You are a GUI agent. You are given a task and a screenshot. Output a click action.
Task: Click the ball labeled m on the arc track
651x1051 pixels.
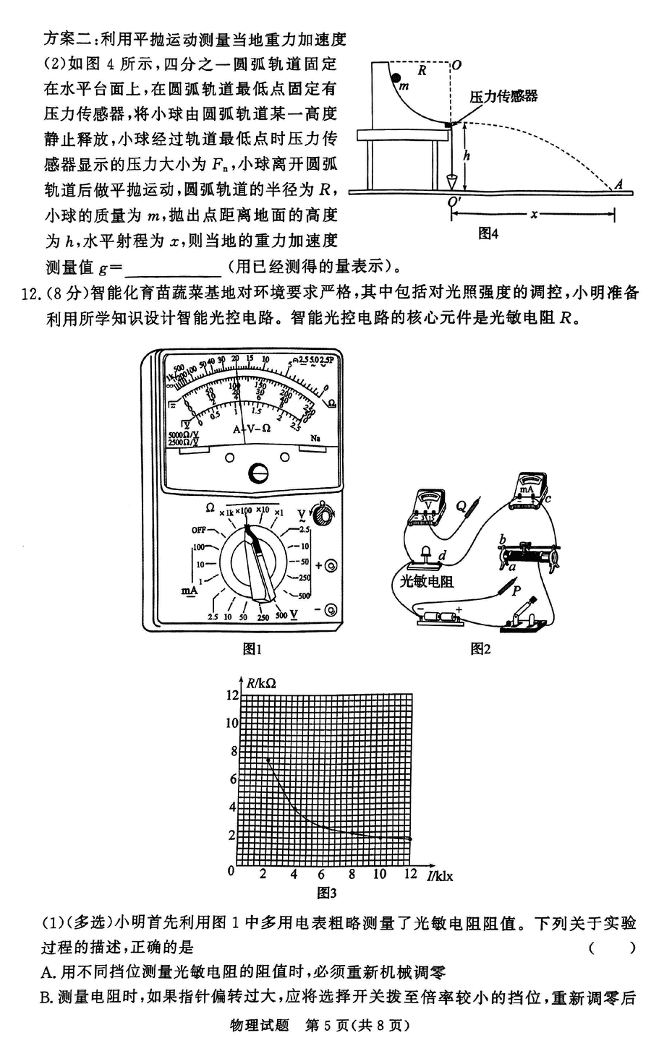(x=395, y=77)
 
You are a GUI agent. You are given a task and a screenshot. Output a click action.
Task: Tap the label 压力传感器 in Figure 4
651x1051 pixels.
(x=503, y=96)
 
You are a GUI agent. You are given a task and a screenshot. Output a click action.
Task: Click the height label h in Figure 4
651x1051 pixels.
(x=467, y=155)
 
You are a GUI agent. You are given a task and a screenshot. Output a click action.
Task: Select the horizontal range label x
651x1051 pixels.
(x=535, y=214)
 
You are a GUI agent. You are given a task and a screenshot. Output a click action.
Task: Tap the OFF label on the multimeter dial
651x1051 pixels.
(x=199, y=530)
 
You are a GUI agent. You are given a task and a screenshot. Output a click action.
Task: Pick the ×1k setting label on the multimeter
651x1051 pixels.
(x=226, y=512)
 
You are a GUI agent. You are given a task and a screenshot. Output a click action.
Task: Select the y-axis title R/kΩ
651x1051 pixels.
(x=260, y=682)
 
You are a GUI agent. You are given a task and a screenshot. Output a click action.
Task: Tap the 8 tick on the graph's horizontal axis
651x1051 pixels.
(x=352, y=874)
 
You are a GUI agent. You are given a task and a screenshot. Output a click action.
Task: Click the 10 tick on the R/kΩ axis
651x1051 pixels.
(x=231, y=723)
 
